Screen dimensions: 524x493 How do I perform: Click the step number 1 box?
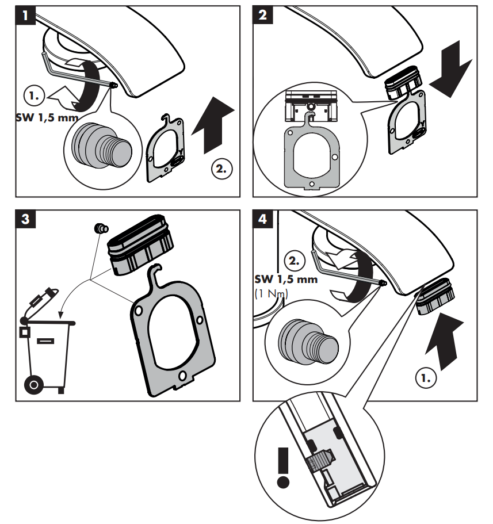[26, 16]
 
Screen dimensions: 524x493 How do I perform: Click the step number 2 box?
[264, 16]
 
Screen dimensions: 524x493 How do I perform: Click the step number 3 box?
[26, 220]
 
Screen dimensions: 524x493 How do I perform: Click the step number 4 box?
[264, 220]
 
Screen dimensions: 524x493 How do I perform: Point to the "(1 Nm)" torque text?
[272, 293]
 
